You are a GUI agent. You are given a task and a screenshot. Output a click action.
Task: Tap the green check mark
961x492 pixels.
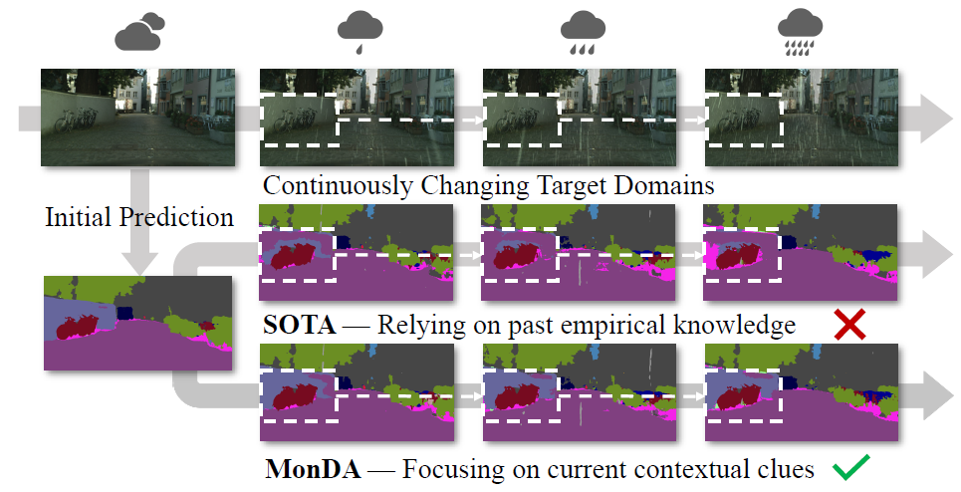tap(849, 465)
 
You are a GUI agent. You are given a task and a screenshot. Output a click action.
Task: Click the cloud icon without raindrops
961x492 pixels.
tap(138, 33)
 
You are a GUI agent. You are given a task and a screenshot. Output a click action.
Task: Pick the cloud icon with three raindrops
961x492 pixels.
tap(583, 34)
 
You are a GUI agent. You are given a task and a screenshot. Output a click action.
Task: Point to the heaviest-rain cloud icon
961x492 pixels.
tap(802, 33)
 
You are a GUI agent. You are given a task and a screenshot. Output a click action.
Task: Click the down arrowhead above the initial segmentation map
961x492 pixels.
tap(139, 261)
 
